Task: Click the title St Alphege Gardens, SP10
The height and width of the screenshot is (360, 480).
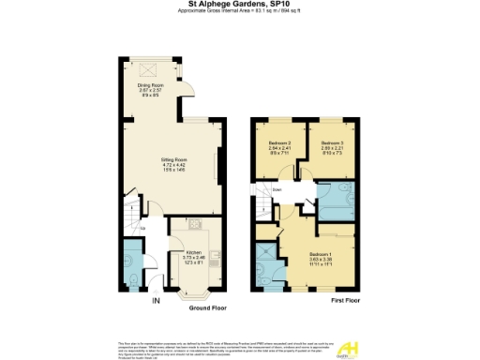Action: coord(240,4)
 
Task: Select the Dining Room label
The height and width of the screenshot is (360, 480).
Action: coord(151,88)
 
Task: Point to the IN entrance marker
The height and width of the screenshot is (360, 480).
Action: coord(156,300)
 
